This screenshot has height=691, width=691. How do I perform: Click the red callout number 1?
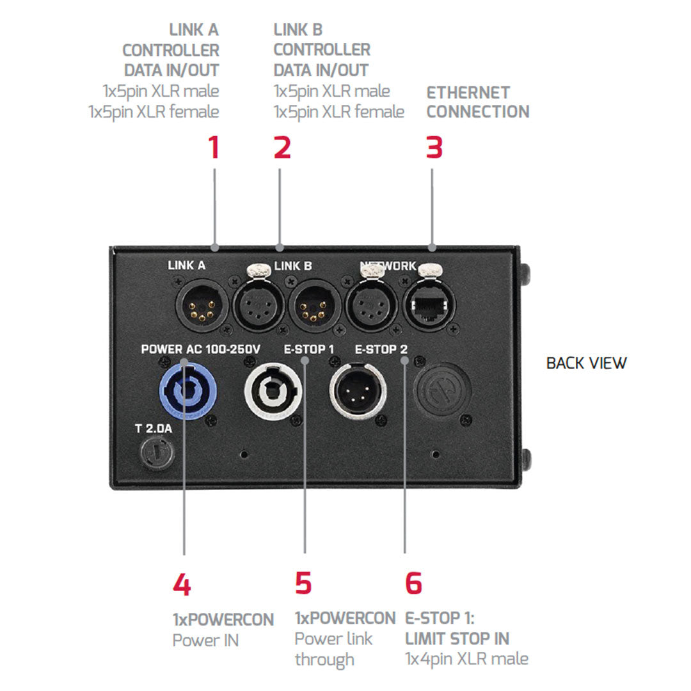coord(214,147)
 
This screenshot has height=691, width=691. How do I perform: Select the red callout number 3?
coord(434,147)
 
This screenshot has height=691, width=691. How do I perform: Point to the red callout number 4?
coord(182,585)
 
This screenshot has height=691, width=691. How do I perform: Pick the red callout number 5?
coord(303,584)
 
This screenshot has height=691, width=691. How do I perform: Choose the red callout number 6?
coord(413,584)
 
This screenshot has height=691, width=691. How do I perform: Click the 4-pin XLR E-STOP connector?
coord(356,391)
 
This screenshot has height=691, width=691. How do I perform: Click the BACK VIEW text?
coord(586,363)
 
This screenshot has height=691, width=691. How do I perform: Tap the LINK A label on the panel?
coord(185,265)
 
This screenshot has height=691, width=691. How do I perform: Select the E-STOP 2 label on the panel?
coord(381,349)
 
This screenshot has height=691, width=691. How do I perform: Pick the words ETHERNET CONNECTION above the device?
coord(478,102)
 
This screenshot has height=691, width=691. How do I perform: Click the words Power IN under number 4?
coord(205,640)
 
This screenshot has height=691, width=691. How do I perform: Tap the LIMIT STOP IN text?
coord(457,639)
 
